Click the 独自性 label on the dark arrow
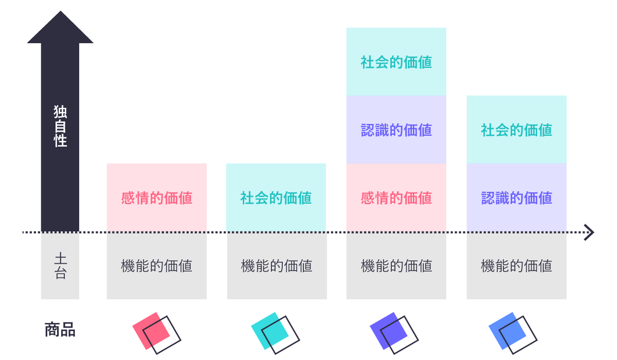(x=60, y=127)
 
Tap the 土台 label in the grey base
(x=60, y=266)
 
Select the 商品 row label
(x=60, y=330)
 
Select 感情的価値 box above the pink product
(x=157, y=198)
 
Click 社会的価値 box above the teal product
(x=276, y=198)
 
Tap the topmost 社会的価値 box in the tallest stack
(x=396, y=62)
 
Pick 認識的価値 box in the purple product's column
(x=396, y=130)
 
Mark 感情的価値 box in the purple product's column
(x=396, y=198)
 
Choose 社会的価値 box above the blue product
(x=517, y=130)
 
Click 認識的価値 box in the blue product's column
(x=517, y=198)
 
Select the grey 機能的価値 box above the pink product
(x=157, y=266)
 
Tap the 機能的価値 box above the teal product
(x=277, y=266)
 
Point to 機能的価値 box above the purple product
(x=396, y=266)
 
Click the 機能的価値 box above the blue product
(x=517, y=266)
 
